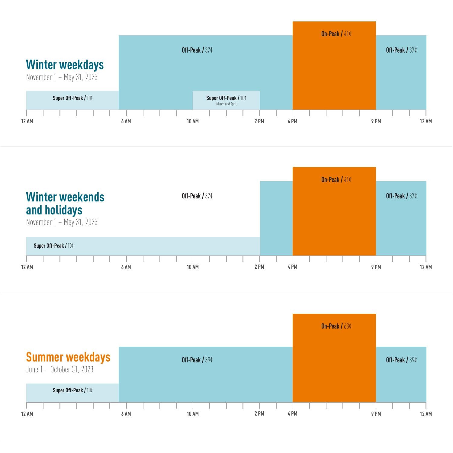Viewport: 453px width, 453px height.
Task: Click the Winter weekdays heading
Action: [65, 65]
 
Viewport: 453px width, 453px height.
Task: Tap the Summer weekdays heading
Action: [68, 357]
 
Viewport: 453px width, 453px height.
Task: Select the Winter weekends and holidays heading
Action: [65, 203]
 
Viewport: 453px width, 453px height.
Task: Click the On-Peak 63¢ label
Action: [336, 326]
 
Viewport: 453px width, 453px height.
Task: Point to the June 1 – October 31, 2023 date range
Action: [60, 369]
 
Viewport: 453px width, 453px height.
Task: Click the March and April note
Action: [226, 104]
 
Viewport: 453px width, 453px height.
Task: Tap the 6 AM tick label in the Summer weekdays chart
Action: [126, 414]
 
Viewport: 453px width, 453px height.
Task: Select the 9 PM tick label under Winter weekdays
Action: [376, 121]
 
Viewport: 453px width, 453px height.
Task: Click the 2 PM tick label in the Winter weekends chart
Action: [259, 267]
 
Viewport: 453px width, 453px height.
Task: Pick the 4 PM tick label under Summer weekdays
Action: [292, 414]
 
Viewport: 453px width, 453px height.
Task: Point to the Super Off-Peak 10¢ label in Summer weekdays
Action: [73, 390]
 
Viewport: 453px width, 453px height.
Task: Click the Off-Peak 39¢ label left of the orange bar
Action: [197, 360]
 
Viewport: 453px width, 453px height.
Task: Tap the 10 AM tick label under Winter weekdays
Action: [193, 121]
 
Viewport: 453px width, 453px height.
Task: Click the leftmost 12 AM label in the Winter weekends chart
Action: [27, 267]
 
